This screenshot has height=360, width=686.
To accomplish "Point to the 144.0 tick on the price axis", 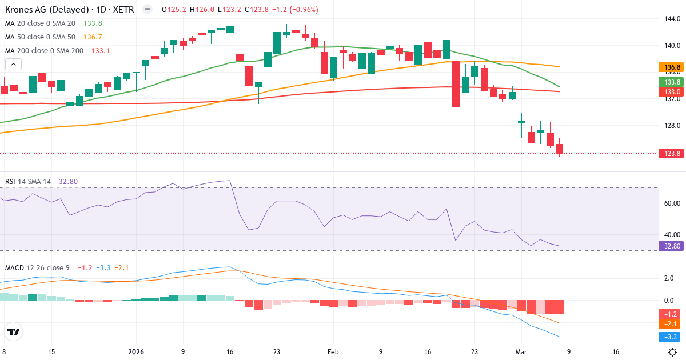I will pyautogui.click(x=672, y=19).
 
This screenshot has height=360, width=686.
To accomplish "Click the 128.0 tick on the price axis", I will pyautogui.click(x=672, y=126).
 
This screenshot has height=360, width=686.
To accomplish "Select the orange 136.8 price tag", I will pyautogui.click(x=672, y=67).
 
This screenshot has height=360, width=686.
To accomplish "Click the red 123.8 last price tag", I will pyautogui.click(x=672, y=153).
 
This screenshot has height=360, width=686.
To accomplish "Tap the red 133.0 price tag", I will pyautogui.click(x=672, y=91).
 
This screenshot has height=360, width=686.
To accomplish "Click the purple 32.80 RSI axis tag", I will pyautogui.click(x=672, y=246).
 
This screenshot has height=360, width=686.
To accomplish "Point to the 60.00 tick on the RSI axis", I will pyautogui.click(x=672, y=203).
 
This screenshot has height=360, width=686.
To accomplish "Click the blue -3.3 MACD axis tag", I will pyautogui.click(x=672, y=337).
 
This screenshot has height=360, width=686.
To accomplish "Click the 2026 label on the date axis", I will pyautogui.click(x=136, y=352).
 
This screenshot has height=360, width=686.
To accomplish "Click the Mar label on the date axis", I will pyautogui.click(x=521, y=352).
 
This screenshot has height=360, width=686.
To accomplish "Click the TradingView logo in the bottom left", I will pyautogui.click(x=14, y=331).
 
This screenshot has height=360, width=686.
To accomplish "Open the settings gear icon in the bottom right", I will pyautogui.click(x=673, y=352).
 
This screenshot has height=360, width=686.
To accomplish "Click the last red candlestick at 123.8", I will pyautogui.click(x=559, y=149).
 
